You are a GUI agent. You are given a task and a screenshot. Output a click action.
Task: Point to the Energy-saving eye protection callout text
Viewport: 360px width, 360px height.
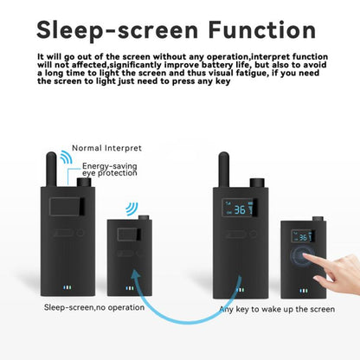[111, 170]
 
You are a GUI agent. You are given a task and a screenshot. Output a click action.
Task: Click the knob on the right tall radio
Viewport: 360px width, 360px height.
[256, 183]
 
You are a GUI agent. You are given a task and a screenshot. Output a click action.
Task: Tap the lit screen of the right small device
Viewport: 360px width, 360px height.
[302, 236]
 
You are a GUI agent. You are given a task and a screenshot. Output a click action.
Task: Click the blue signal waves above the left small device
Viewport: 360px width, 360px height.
[132, 209]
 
